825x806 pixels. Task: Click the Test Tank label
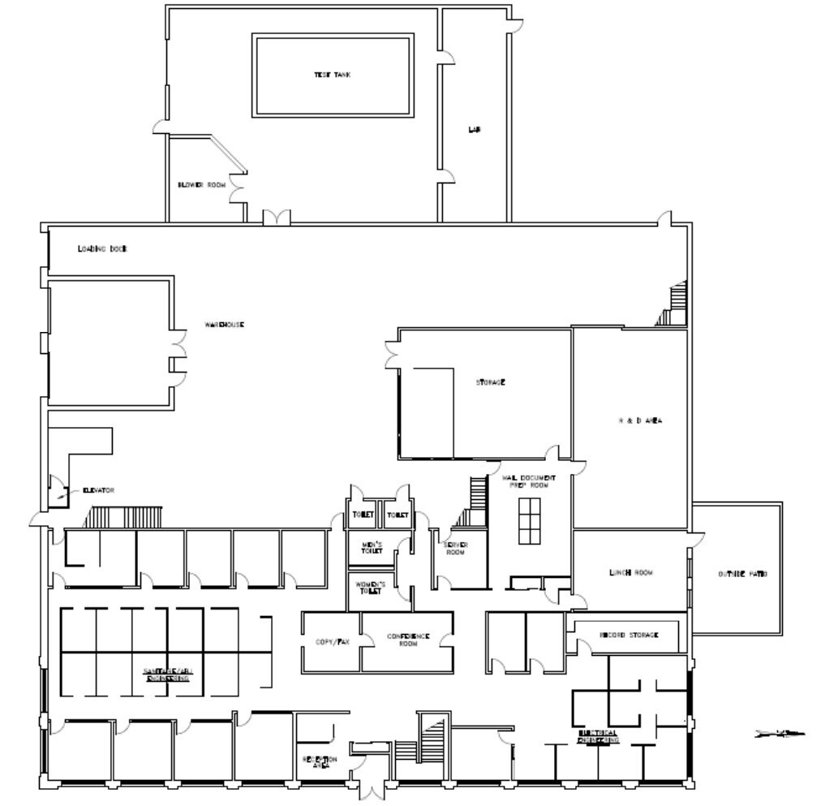click(x=333, y=75)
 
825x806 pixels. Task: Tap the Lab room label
click(x=475, y=129)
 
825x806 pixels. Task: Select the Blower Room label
click(x=201, y=185)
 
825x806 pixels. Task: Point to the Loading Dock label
click(x=103, y=248)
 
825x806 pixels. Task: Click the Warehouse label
click(x=224, y=325)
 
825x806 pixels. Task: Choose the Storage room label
click(x=491, y=381)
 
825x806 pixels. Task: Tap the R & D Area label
click(x=636, y=420)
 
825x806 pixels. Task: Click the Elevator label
click(x=98, y=490)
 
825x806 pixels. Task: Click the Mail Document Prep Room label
click(x=532, y=481)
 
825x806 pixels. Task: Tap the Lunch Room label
click(x=631, y=573)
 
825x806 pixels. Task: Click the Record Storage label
click(x=629, y=635)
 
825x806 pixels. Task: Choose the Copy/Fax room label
click(x=331, y=641)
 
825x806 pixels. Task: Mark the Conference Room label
click(x=408, y=640)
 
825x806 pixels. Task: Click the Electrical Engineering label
click(x=599, y=735)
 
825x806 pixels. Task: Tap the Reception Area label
click(x=320, y=761)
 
